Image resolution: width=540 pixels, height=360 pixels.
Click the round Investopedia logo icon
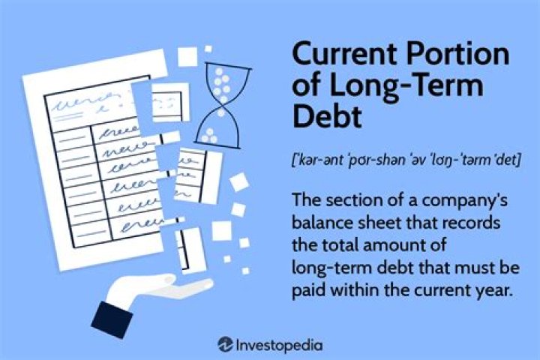(225, 344)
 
